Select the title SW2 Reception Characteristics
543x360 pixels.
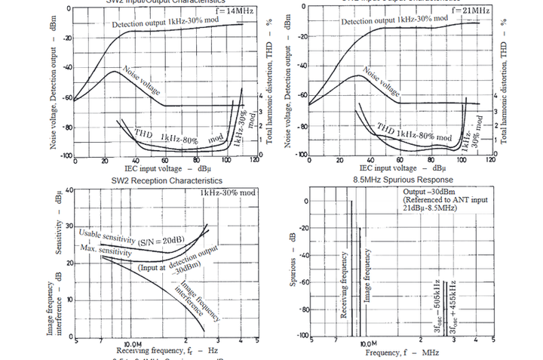pos(167,181)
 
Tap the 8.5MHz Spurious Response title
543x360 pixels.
pos(403,181)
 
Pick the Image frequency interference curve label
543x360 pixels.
pos(198,301)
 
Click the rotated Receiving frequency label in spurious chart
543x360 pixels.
pos(344,287)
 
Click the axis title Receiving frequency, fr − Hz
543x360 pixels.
pos(165,351)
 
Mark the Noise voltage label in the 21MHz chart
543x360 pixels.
pos(382,79)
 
